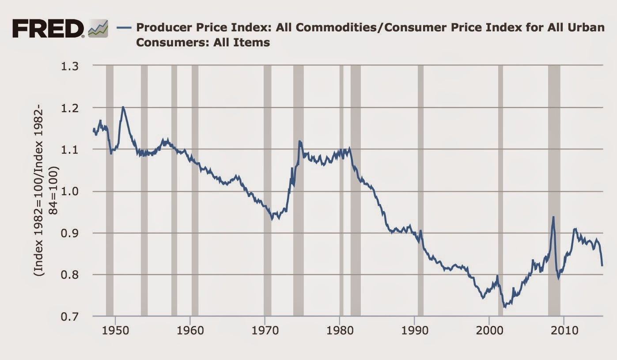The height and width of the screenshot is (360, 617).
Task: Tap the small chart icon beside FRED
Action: [98, 30]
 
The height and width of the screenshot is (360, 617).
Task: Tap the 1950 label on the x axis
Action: [115, 331]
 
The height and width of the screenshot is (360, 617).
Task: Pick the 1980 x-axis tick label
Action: [340, 331]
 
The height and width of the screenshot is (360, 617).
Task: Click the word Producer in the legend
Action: [160, 27]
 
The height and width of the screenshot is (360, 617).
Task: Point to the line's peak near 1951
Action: [123, 107]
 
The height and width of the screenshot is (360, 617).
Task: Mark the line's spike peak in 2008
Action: [553, 217]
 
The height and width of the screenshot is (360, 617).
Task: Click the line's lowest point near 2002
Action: [504, 307]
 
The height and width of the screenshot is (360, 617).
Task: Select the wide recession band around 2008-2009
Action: [554, 190]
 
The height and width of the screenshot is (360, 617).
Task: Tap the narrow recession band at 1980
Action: [341, 190]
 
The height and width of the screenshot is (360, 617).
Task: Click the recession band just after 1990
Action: [420, 190]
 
